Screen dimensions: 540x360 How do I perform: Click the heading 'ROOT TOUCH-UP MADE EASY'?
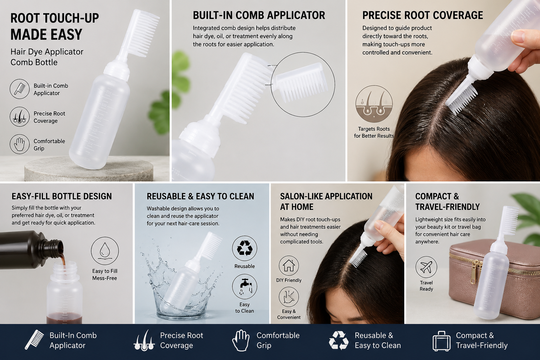pos(54,26)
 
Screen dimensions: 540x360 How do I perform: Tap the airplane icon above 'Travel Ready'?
pos(426,267)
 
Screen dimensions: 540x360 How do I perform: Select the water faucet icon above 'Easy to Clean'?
pos(244,287)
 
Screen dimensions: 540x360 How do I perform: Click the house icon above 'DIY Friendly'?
pos(289,265)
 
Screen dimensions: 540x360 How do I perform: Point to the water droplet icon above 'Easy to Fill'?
pos(105,251)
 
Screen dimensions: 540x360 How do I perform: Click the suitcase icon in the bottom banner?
pos(442,341)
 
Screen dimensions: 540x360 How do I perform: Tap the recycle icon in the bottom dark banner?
pos(339,340)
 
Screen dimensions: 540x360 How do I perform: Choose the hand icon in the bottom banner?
pos(240,340)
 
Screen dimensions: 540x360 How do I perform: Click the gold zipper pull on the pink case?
pos(474,272)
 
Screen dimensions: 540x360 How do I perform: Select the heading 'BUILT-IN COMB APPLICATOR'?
pos(259,15)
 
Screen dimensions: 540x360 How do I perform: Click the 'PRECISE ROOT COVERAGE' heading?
pos(423,15)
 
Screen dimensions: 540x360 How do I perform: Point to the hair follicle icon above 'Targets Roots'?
pos(374,104)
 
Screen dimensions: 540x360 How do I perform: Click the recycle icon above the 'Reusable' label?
pos(244,248)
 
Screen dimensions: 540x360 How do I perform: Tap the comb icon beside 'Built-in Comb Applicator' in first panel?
pos(20,89)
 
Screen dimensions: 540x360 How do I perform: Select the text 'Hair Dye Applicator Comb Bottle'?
pos(47,57)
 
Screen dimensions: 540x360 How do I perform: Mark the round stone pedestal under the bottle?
pos(89,168)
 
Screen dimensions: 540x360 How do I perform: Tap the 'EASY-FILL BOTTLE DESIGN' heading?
pos(62,196)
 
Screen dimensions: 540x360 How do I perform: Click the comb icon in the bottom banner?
pos(34,340)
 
